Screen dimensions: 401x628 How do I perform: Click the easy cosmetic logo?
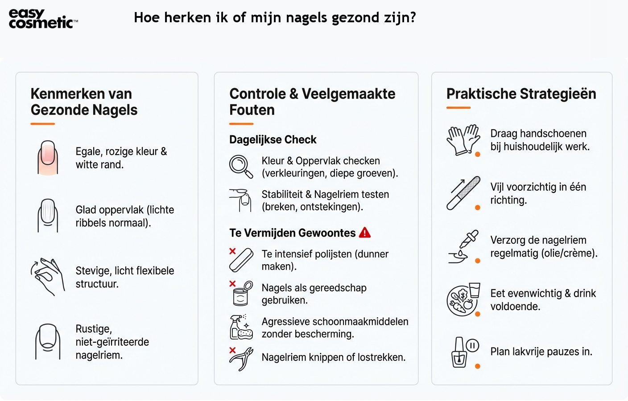(x=43, y=19)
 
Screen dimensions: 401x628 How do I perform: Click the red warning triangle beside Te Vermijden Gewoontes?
(x=365, y=233)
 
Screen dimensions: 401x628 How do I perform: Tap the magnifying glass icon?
(x=240, y=166)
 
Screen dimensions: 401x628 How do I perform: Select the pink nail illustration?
(x=48, y=158)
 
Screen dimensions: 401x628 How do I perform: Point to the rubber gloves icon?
(x=463, y=140)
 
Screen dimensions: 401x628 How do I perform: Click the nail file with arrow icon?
(x=463, y=193)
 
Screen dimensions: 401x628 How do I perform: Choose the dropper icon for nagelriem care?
(x=463, y=246)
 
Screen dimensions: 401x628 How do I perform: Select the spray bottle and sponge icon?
(x=241, y=327)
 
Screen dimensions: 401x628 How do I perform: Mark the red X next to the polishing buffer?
(x=232, y=251)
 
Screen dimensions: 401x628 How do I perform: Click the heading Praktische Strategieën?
(x=521, y=94)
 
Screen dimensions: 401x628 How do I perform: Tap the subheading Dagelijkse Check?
(x=273, y=139)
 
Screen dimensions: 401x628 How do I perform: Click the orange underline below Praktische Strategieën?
(x=459, y=108)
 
